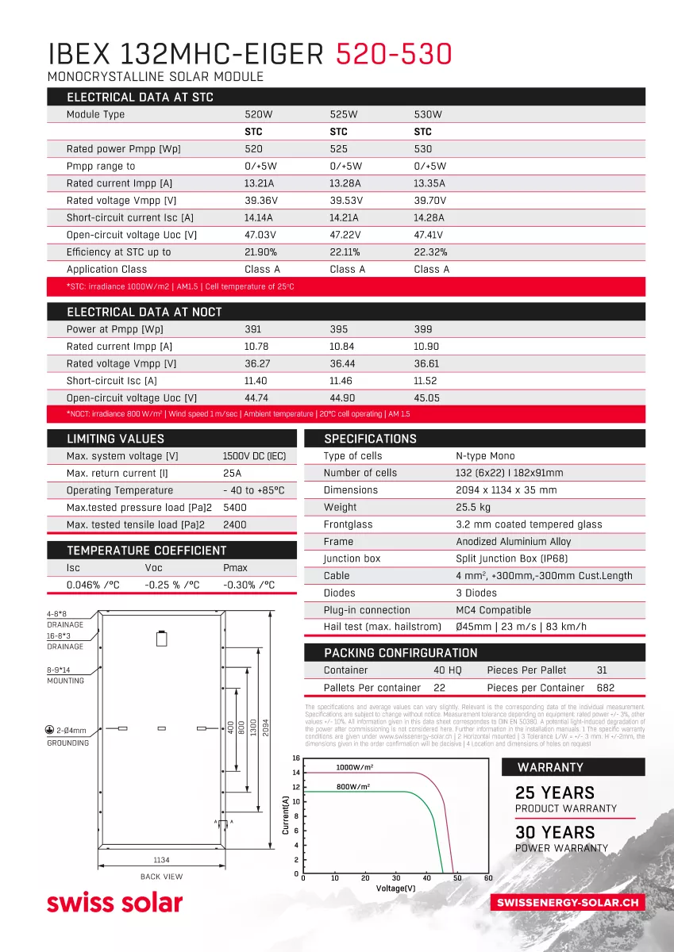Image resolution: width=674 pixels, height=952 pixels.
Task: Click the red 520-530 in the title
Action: (x=394, y=54)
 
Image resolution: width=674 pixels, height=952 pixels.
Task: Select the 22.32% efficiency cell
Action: (x=430, y=252)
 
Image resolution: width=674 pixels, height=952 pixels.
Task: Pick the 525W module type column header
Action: (x=344, y=114)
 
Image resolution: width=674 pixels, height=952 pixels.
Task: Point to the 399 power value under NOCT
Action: (x=422, y=329)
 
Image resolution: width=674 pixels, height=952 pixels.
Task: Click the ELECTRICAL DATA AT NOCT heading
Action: (x=144, y=312)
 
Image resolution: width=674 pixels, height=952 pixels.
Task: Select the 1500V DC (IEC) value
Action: (x=254, y=456)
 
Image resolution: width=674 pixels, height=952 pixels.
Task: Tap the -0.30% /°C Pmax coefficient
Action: (x=248, y=585)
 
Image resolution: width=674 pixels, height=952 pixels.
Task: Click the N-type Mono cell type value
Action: (x=485, y=456)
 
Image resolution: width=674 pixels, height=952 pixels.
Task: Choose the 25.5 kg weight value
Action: (x=473, y=508)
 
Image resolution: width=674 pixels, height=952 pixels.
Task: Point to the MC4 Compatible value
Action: (x=492, y=610)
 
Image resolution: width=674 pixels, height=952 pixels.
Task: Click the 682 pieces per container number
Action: (x=605, y=688)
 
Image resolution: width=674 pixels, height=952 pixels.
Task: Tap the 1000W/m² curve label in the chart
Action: (x=354, y=768)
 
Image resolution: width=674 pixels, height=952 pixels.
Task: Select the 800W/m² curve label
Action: (x=353, y=786)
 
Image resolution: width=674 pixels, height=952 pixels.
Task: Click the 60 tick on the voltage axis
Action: (x=488, y=878)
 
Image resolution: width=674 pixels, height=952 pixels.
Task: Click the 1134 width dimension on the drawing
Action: (x=162, y=860)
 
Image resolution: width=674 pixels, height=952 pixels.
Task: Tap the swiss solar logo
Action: (x=114, y=902)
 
